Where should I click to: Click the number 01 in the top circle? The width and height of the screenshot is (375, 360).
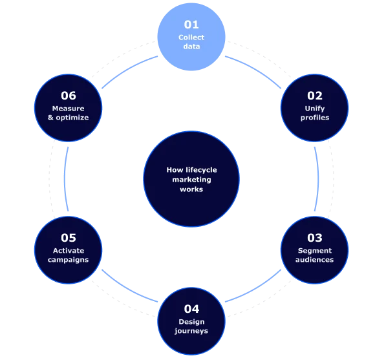tap(191, 25)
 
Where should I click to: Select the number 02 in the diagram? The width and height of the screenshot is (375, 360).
tap(314, 96)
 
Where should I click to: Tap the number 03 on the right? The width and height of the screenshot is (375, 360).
tap(314, 238)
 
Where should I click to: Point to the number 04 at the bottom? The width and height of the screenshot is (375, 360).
tap(191, 309)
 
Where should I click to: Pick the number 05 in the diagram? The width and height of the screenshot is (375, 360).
tap(69, 238)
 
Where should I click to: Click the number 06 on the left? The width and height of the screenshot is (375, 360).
tap(69, 96)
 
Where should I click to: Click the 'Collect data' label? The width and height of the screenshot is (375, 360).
tap(191, 42)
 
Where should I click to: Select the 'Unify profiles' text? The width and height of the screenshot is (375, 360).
tap(314, 113)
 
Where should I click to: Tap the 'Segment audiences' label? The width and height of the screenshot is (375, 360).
tap(314, 255)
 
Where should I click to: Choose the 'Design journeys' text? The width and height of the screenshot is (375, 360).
tap(191, 326)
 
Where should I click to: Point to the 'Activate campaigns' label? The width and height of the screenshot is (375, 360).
tap(69, 255)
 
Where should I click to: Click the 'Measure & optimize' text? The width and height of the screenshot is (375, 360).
tap(69, 113)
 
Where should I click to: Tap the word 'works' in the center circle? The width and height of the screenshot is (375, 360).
tap(191, 189)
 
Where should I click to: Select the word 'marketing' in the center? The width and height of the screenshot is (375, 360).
tap(191, 180)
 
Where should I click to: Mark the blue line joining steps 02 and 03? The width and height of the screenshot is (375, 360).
tap(316, 179)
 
